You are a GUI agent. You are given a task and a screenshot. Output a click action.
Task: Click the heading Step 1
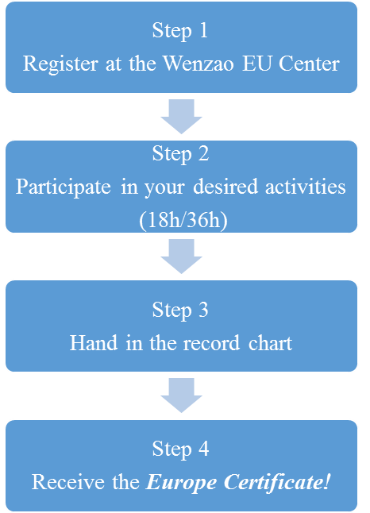tap(180, 32)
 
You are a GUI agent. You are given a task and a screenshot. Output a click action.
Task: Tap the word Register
tap(60, 64)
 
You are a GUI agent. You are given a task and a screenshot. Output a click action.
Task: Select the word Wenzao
tap(198, 63)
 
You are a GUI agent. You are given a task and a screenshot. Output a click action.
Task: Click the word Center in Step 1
tap(309, 63)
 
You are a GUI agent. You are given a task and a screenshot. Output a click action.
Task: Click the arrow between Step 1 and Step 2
tap(181, 116)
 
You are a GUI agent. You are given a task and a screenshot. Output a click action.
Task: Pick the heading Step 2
tap(180, 154)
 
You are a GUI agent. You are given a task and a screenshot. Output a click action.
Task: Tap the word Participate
tap(64, 187)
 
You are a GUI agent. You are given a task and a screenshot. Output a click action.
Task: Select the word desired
tap(225, 187)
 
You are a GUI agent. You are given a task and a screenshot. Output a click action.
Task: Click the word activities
tap(305, 187)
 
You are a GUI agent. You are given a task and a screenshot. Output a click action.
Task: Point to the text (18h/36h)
tap(183, 221)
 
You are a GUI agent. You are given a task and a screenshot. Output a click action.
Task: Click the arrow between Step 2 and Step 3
tap(181, 256)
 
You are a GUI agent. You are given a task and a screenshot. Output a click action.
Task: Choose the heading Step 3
tap(180, 310)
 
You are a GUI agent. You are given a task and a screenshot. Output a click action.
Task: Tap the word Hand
tap(94, 343)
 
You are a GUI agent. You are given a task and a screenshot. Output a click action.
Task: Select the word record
tap(212, 343)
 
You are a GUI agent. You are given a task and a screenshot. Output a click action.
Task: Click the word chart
tap(270, 343)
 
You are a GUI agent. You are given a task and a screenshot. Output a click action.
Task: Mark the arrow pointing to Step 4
tap(181, 395)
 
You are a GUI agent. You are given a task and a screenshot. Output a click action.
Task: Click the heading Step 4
tap(180, 449)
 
